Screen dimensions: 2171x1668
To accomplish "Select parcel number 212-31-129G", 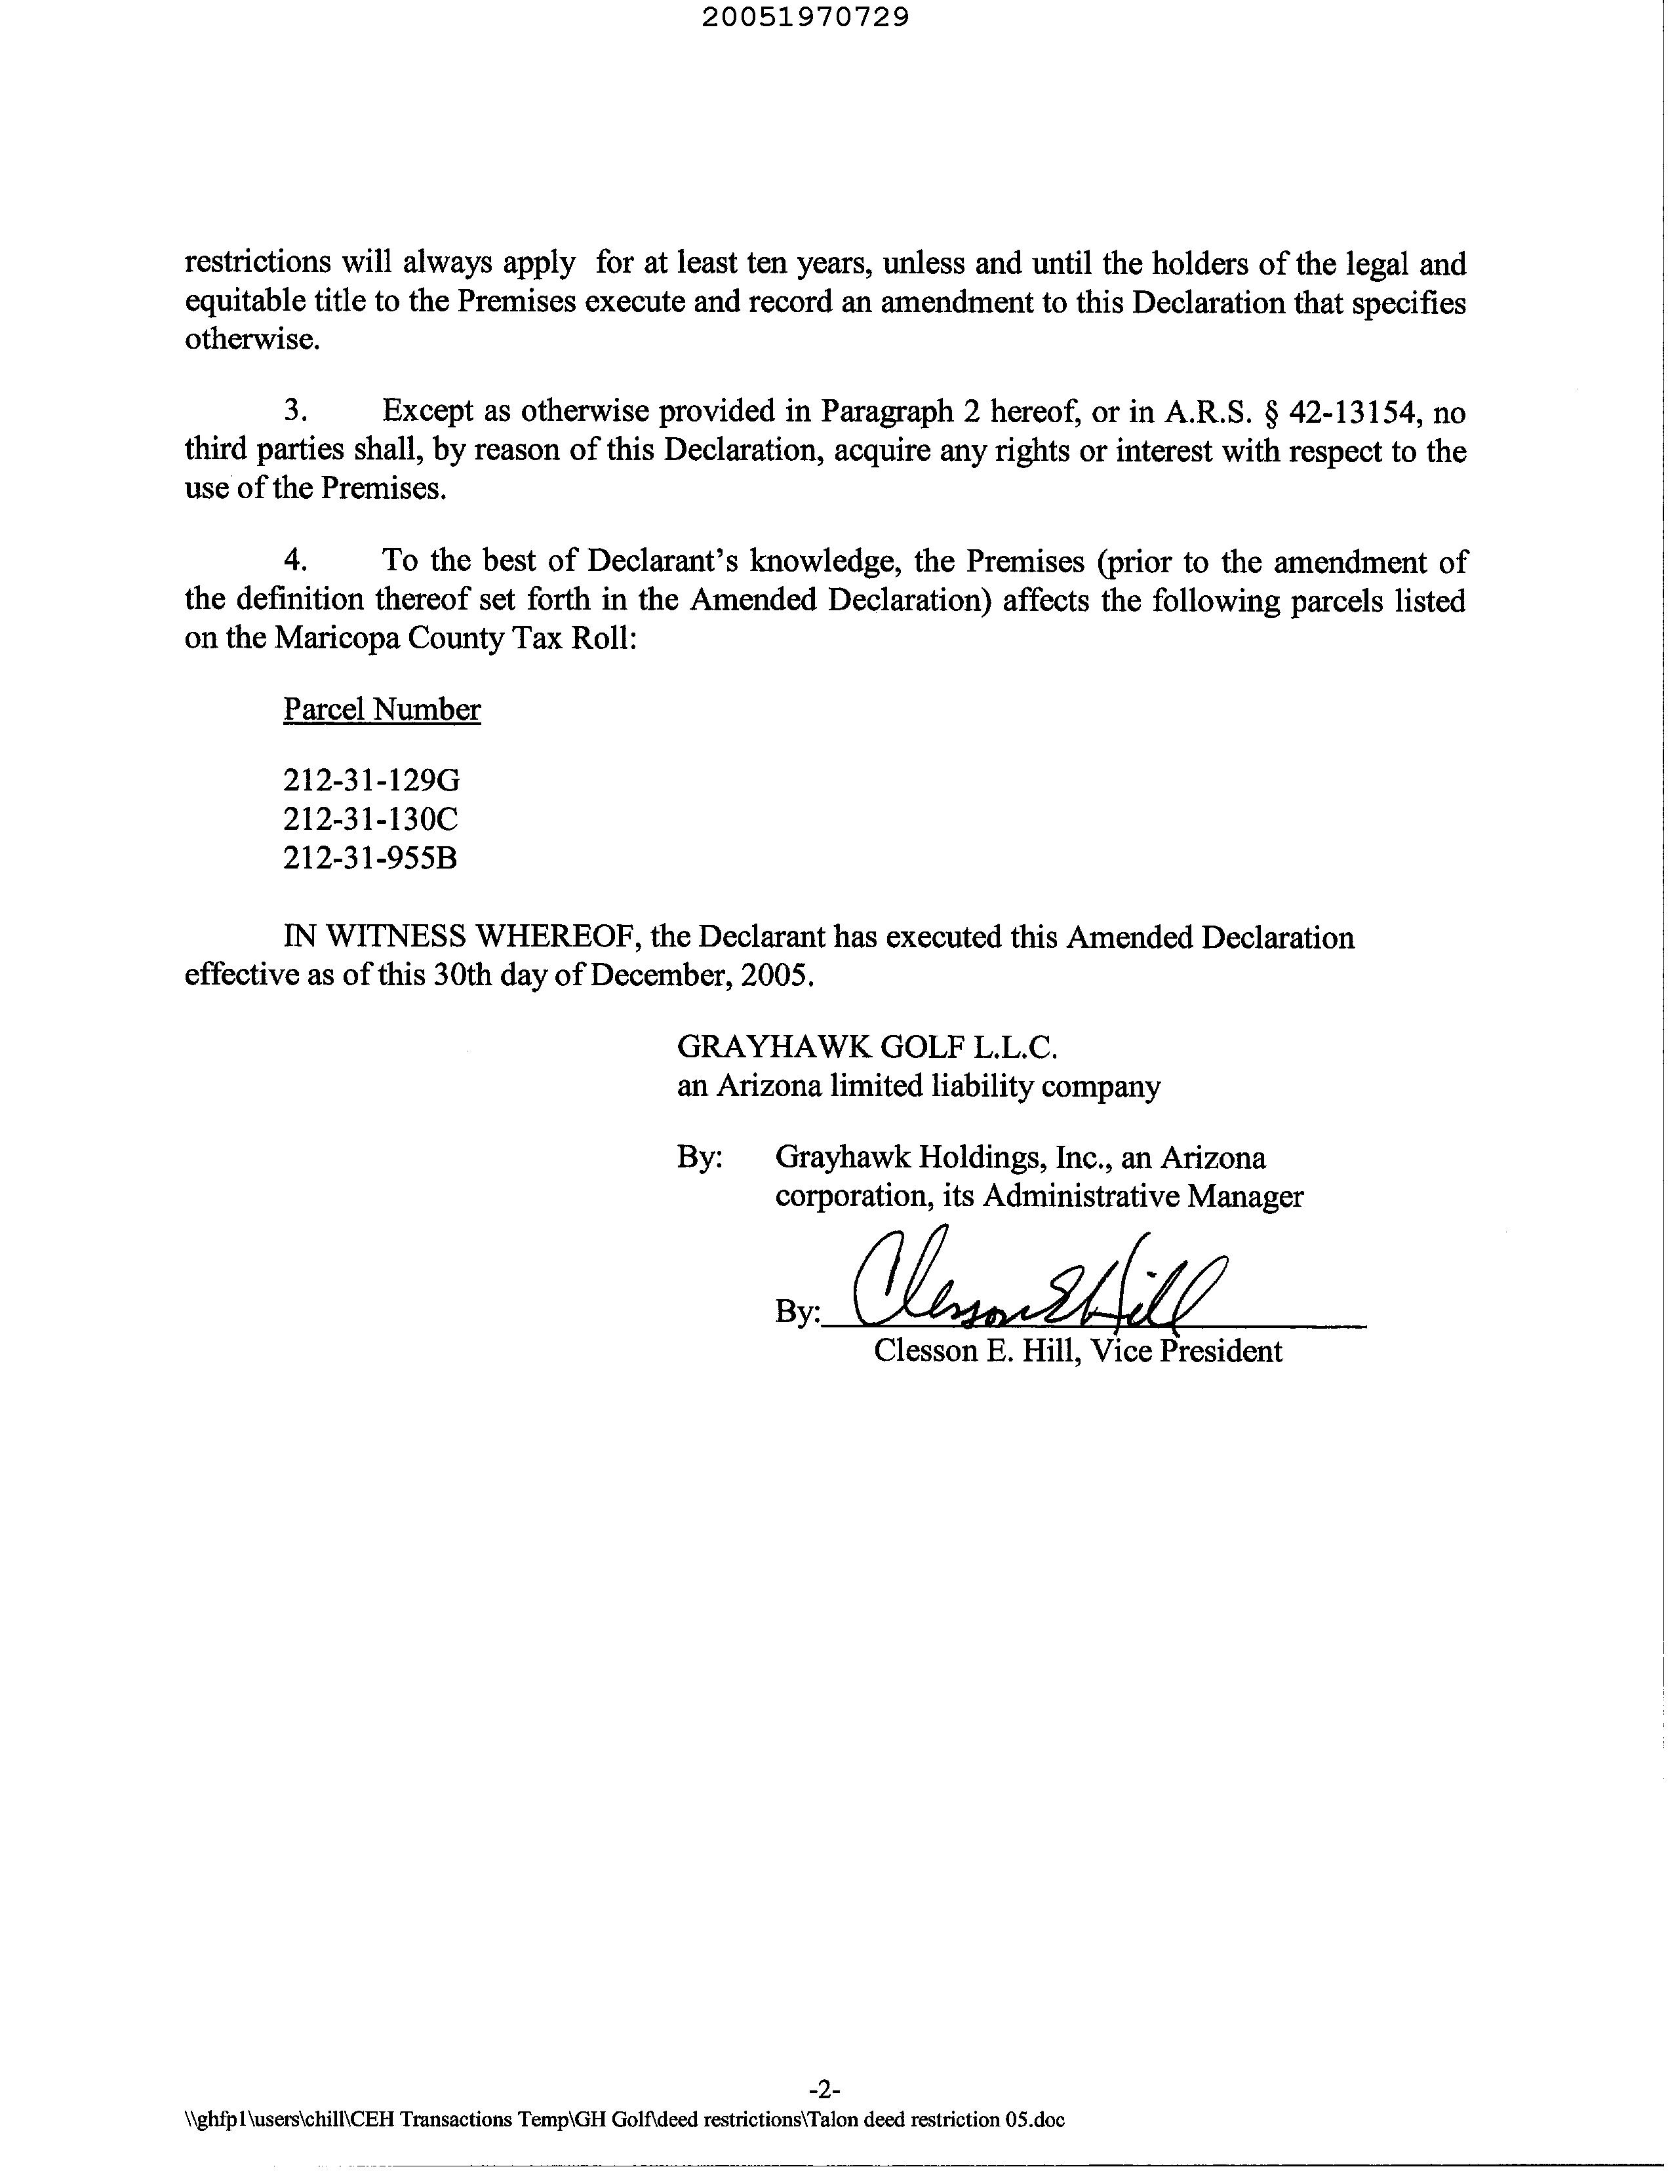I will point(371,780).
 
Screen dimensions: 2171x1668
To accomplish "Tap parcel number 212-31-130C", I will point(370,819).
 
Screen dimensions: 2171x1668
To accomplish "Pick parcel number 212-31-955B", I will point(369,857).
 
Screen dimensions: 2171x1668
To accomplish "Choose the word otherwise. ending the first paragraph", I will point(252,340).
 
